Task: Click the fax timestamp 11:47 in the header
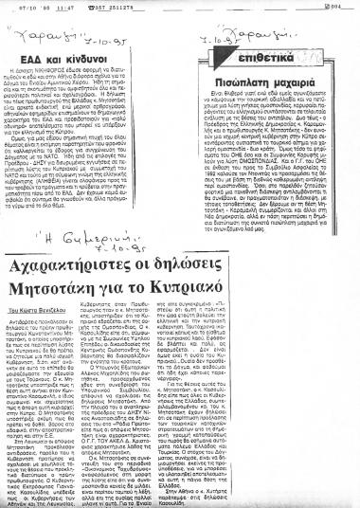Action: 47,7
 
